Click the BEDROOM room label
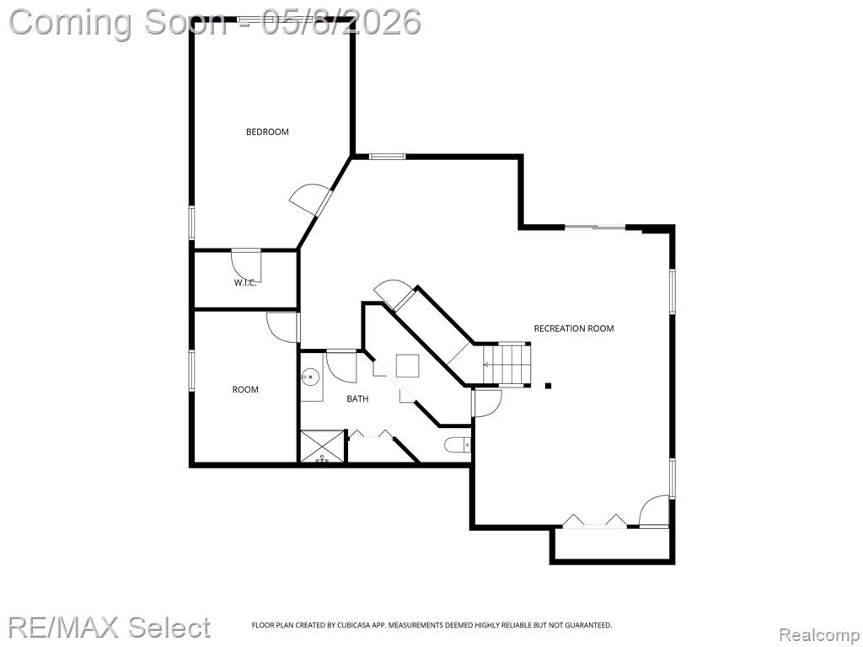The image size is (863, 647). pyautogui.click(x=267, y=131)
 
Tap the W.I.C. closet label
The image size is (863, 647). pyautogui.click(x=245, y=283)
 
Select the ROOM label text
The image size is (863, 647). pyautogui.click(x=245, y=389)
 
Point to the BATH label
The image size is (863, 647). pyautogui.click(x=357, y=398)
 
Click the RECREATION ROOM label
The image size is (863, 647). pyautogui.click(x=573, y=329)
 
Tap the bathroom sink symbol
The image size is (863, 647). pyautogui.click(x=310, y=377)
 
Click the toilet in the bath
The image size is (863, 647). pyautogui.click(x=457, y=444)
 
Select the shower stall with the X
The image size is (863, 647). pyautogui.click(x=322, y=446)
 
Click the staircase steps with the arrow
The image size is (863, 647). pyautogui.click(x=507, y=364)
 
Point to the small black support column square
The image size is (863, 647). pyautogui.click(x=548, y=386)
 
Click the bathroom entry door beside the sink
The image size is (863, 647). pyautogui.click(x=341, y=366)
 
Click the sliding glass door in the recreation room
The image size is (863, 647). pyautogui.click(x=595, y=227)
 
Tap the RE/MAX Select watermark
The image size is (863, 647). pyautogui.click(x=109, y=628)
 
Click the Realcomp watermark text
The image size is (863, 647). pyautogui.click(x=818, y=635)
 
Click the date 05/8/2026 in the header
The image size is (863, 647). pyautogui.click(x=341, y=23)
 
